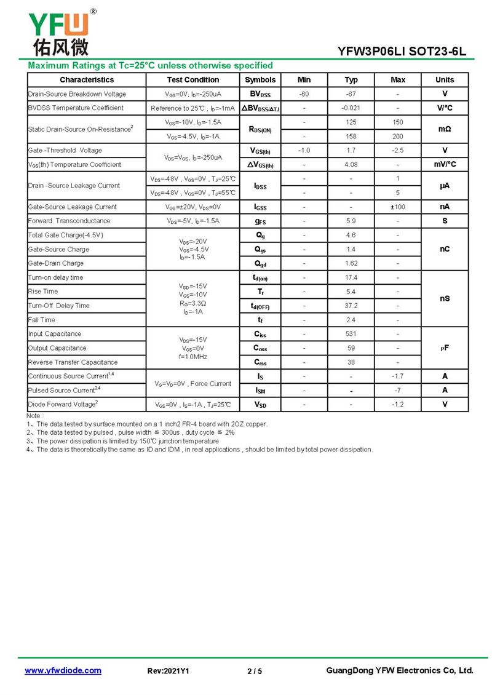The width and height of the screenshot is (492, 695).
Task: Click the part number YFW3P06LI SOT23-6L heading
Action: point(402,52)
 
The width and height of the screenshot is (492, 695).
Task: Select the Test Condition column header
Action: point(192,80)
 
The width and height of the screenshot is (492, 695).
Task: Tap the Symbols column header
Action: point(260,80)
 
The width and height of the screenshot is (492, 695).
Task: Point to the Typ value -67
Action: point(351,94)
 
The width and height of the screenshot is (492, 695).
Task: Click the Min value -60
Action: point(304,94)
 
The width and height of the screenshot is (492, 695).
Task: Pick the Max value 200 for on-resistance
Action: point(398,137)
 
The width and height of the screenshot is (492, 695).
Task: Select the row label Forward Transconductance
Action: point(69,221)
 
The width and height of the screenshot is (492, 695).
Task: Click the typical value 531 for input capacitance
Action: point(351,334)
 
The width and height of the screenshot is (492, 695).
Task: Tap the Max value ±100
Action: point(398,207)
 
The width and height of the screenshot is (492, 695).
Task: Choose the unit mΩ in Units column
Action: point(445,129)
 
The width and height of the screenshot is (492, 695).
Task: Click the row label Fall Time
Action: point(42,320)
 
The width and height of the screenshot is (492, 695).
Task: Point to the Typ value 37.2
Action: point(351,306)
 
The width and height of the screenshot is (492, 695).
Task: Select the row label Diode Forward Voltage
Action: point(63,405)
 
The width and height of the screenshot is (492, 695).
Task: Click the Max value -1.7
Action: point(398,376)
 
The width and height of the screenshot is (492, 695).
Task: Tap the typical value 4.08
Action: point(351,165)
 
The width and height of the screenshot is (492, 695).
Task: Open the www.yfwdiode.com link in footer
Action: point(63,670)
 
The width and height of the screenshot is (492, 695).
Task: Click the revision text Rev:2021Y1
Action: point(169,671)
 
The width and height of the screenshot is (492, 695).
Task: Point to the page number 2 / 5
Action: point(255,671)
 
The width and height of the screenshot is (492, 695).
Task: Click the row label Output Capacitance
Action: point(57,348)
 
